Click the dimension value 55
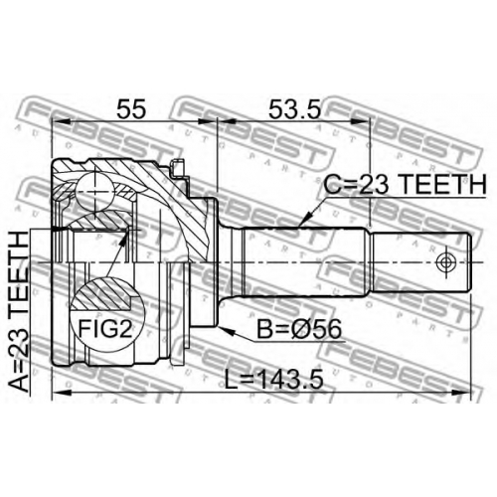coord(131,109)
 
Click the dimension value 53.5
coord(294,109)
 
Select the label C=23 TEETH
coord(406,184)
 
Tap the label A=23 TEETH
coord(19,312)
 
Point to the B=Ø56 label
coord(299,329)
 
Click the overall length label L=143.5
coord(274,380)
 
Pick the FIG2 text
coord(105,329)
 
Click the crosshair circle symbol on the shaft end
coord(446,262)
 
